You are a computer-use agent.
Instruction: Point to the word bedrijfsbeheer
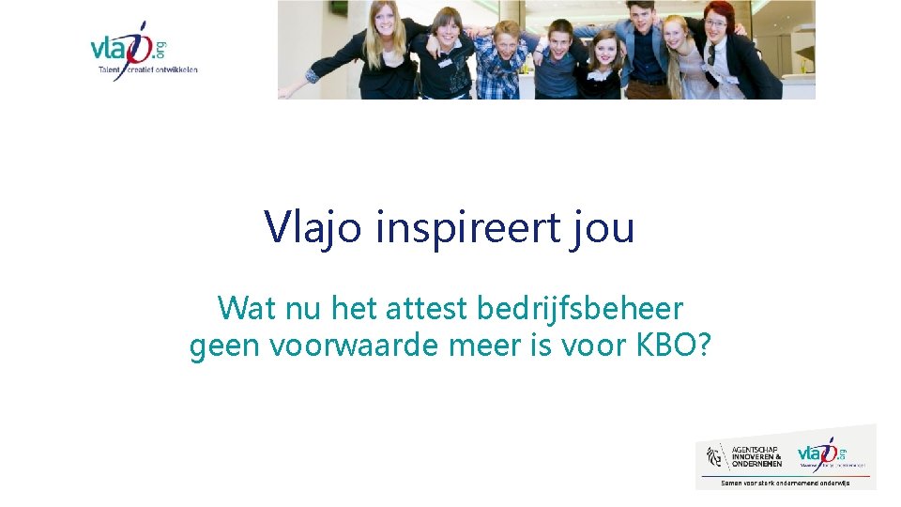coord(582,308)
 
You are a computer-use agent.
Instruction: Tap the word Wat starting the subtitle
coord(244,308)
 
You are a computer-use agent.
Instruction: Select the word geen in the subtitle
coord(225,346)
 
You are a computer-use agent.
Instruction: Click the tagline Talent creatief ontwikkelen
coord(148,69)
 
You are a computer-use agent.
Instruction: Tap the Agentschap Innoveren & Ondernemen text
coord(756,456)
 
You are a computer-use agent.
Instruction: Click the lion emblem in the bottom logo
coord(715,456)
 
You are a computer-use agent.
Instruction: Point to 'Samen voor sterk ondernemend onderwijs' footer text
coord(785,483)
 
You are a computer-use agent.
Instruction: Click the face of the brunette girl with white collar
coord(605,48)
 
